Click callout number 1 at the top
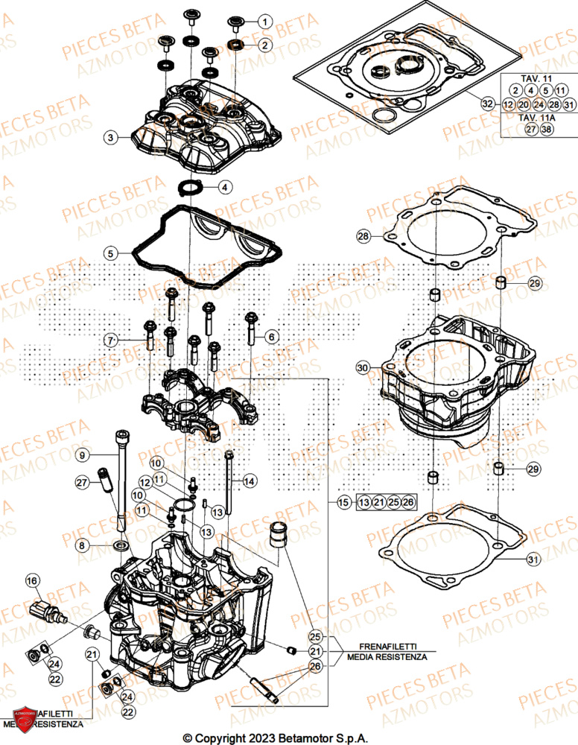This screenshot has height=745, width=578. coord(264,22)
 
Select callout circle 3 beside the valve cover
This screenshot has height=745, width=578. coord(110,137)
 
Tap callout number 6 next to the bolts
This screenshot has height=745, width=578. coord(272,337)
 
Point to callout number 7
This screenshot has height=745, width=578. coord(110,340)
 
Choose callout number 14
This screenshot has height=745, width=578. coord(249,482)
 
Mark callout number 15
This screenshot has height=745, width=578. coord(343,503)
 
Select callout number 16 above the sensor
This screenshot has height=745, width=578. coord(32,580)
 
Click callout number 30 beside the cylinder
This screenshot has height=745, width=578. coord(362,368)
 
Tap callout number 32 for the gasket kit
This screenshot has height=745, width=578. coord(487,104)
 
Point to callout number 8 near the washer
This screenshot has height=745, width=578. coord(83,546)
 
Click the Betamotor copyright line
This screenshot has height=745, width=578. coord(288,737)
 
